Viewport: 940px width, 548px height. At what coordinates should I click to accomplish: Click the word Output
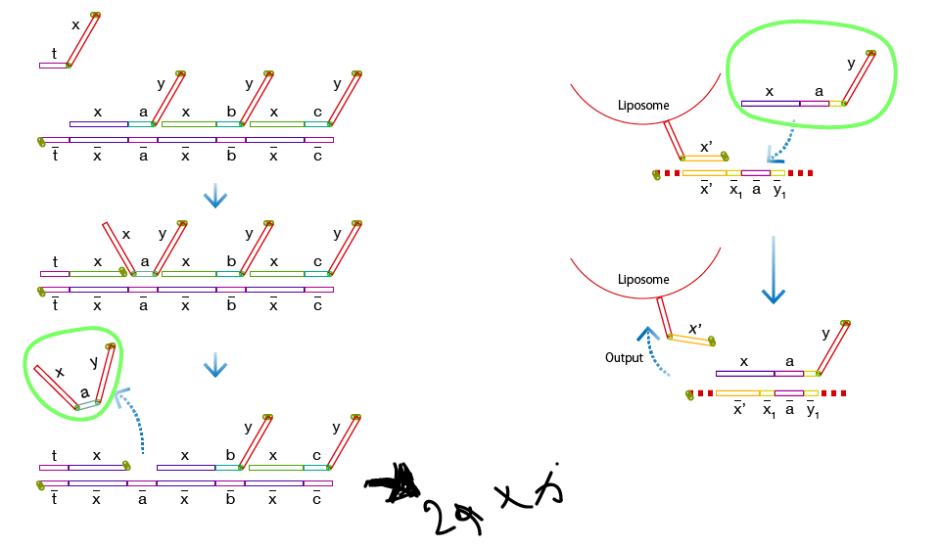coord(624,358)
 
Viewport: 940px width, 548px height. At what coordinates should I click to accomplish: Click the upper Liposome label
coord(643,105)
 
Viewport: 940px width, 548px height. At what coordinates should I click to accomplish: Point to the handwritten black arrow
coord(392,484)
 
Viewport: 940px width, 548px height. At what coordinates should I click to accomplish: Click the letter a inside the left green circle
coord(85,391)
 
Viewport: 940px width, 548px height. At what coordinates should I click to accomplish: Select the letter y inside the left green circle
coord(94,362)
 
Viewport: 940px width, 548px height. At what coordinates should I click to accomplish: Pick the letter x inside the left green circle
coord(60,372)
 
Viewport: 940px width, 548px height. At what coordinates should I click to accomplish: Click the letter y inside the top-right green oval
coord(850,65)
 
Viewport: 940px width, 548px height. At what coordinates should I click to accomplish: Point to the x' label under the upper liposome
coord(704,146)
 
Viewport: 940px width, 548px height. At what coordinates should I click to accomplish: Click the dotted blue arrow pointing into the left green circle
coord(132,421)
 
